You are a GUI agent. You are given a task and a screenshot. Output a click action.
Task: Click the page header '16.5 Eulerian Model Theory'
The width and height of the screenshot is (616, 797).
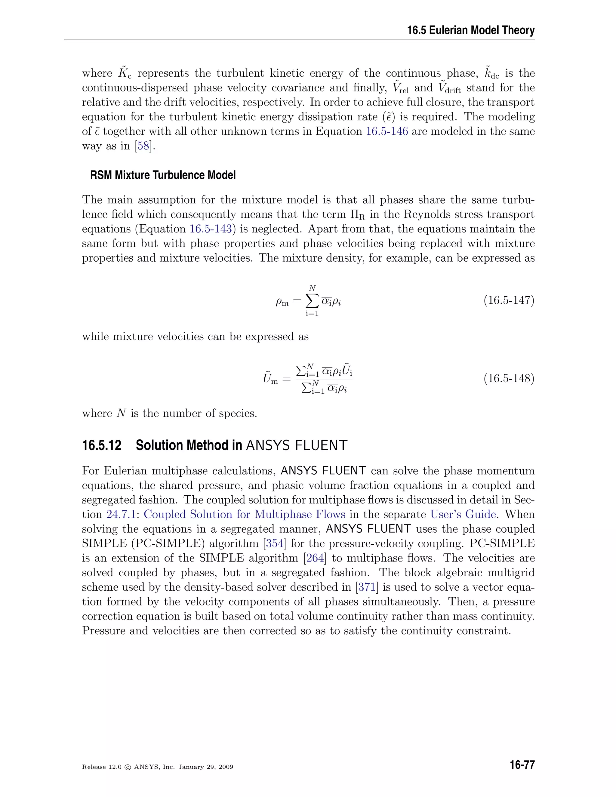coord(471,30)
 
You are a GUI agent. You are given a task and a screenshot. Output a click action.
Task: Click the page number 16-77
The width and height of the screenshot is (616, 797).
coord(522,765)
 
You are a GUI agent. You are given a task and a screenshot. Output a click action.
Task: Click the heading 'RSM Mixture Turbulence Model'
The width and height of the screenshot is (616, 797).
coord(163,175)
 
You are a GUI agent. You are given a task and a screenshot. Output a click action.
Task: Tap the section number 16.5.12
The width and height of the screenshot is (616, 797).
coord(102,446)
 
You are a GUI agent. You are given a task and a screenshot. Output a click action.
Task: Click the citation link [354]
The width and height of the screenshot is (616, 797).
coord(274,543)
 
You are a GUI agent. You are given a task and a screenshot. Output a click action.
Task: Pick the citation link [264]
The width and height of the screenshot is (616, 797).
coord(315,558)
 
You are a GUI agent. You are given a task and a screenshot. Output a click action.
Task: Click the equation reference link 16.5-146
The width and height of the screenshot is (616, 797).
coord(387,131)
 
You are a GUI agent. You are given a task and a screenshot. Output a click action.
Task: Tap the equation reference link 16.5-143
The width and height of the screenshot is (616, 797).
coord(211,229)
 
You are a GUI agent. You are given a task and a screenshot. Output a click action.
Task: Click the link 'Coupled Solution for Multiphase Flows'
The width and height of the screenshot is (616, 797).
coord(245,515)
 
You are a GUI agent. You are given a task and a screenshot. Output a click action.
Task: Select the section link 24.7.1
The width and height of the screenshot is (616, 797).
coord(121,515)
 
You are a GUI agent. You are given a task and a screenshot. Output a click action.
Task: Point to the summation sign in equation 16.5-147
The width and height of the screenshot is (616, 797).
coord(312,301)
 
